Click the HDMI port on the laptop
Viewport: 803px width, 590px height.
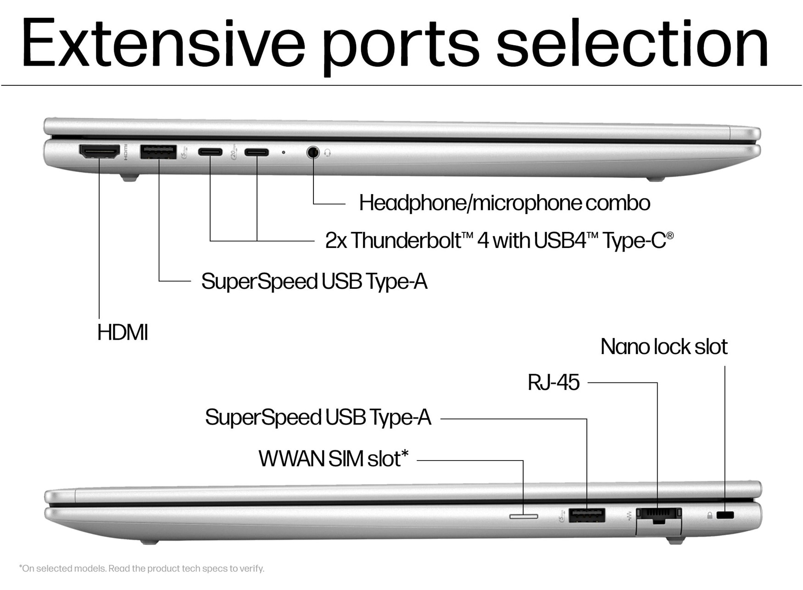[100, 152]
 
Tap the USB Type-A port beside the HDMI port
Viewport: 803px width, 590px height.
[158, 152]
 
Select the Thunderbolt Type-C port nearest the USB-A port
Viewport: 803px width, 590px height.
[210, 152]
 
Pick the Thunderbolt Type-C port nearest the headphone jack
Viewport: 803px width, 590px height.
[257, 152]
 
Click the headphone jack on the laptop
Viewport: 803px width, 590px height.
[313, 152]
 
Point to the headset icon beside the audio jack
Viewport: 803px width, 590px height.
[328, 152]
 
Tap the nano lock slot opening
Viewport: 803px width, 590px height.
[725, 515]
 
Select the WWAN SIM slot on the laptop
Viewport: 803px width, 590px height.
[524, 517]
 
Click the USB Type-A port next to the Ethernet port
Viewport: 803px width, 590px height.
[586, 515]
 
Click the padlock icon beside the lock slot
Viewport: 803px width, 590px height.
[710, 516]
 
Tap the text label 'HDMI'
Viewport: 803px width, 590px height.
[123, 332]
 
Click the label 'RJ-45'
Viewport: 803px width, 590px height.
[553, 382]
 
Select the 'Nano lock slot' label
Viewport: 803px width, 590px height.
[664, 347]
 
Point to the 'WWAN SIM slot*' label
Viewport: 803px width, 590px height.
[333, 459]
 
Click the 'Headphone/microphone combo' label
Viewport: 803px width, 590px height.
[504, 203]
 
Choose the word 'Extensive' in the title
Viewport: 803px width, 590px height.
[163, 44]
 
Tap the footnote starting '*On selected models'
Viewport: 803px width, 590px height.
[142, 568]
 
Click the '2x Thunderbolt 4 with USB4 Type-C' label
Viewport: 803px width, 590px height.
[499, 240]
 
